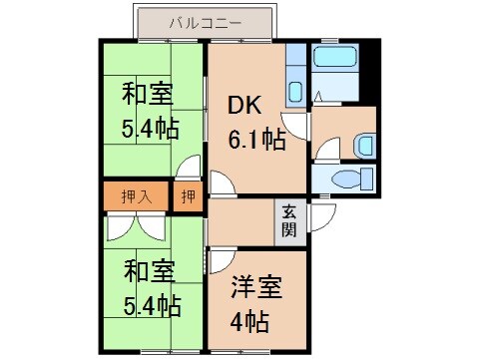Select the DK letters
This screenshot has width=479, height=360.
point(247,106)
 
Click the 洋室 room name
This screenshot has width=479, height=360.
point(256,287)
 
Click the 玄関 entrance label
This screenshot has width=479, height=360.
point(288,221)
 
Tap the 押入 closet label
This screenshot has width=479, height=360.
point(137,195)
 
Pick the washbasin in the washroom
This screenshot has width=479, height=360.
point(363,145)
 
